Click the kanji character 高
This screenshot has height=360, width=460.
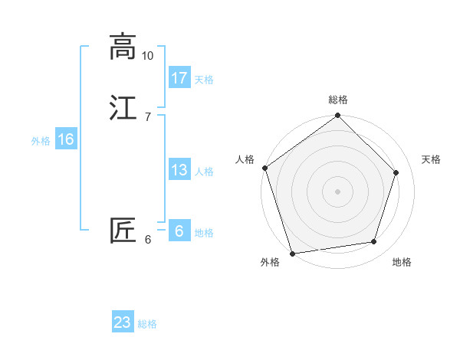[123, 47]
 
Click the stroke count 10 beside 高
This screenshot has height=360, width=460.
[148, 56]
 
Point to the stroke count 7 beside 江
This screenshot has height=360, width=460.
[147, 116]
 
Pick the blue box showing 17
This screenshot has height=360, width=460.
[179, 77]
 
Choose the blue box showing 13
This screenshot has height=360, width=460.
[179, 170]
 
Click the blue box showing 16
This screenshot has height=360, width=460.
[66, 139]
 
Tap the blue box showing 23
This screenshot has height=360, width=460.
[123, 322]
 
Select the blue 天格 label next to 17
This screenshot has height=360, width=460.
[204, 79]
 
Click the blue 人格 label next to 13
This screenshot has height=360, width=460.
[204, 172]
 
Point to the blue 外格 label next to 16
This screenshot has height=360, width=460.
[41, 141]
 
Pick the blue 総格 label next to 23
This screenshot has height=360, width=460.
[147, 324]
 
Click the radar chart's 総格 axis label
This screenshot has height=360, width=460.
[338, 100]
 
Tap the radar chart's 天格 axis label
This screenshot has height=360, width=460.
[431, 159]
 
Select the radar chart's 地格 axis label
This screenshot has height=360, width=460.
[402, 262]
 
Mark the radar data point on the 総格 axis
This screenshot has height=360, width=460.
[338, 116]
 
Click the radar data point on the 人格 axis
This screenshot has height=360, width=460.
[265, 168]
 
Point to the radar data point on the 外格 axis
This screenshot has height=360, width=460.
[292, 253]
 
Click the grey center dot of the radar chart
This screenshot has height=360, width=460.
[338, 191]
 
